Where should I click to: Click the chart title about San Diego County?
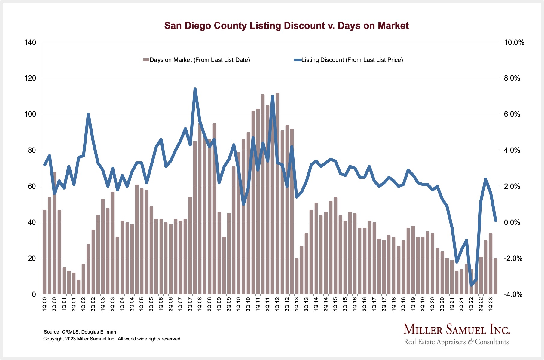(286, 26)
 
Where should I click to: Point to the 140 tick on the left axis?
(30, 42)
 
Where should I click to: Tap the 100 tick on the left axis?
(30, 114)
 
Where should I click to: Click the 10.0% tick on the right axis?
(514, 42)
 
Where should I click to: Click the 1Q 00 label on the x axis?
(45, 304)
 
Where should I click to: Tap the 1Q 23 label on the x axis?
(491, 304)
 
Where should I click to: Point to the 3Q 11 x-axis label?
(267, 304)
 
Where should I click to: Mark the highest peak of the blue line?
(195, 89)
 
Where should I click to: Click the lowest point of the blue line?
(471, 285)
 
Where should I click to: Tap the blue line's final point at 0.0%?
(495, 221)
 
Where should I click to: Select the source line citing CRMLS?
(80, 332)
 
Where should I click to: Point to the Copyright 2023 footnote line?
(112, 339)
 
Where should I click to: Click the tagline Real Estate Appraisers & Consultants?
(456, 342)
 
